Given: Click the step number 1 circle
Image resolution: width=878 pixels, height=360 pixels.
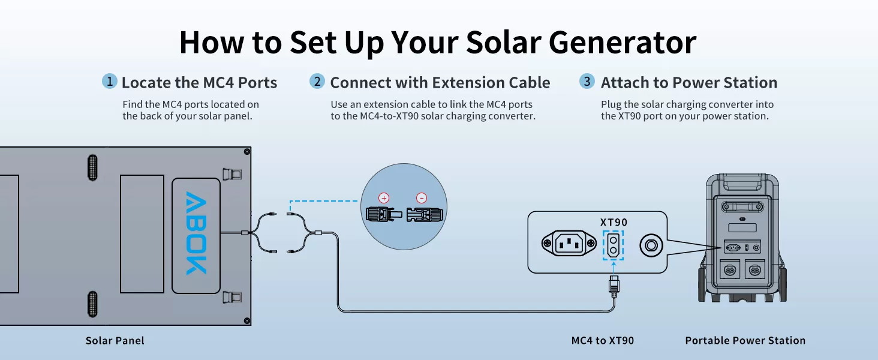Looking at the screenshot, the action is tap(110, 81).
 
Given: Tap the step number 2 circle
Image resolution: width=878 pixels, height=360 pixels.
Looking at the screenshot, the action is tap(317, 81).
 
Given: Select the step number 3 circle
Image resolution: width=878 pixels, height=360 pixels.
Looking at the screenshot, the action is tap(587, 81).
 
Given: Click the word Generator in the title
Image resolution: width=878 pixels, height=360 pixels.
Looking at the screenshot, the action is tap(623, 43).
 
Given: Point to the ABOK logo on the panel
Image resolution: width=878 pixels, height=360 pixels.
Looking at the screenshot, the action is tap(196, 233).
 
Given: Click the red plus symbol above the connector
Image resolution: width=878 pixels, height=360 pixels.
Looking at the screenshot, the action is tap(384, 198).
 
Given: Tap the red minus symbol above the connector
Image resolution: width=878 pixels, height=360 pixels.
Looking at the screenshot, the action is tap(422, 198).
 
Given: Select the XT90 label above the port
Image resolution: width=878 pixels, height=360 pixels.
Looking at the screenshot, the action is tap(614, 223).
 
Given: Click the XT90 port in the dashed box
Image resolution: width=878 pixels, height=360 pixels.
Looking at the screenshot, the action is tap(613, 245).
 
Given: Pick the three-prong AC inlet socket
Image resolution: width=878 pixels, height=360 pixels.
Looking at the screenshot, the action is tap(569, 244).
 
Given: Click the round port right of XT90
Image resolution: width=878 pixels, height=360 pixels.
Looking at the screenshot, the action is tap(651, 246).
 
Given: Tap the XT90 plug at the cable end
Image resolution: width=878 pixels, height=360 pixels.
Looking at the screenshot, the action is tap(614, 285).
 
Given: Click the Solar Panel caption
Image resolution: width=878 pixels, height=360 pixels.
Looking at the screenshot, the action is tap(115, 340).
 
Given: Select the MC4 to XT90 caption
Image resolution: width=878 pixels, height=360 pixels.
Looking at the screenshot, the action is tap(603, 340).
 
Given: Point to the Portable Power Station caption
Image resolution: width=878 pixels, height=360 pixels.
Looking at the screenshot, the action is tap(745, 340).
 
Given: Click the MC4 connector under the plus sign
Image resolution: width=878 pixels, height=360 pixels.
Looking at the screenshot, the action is tap(384, 215).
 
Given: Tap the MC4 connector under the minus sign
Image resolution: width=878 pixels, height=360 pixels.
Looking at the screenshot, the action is tap(425, 215).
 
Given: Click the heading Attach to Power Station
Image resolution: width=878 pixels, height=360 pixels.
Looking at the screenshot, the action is tap(688, 83).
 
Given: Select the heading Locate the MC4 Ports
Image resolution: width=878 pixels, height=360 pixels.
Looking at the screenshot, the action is tap(199, 83).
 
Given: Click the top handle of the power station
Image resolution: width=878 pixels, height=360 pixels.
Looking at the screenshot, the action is tap(742, 183).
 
